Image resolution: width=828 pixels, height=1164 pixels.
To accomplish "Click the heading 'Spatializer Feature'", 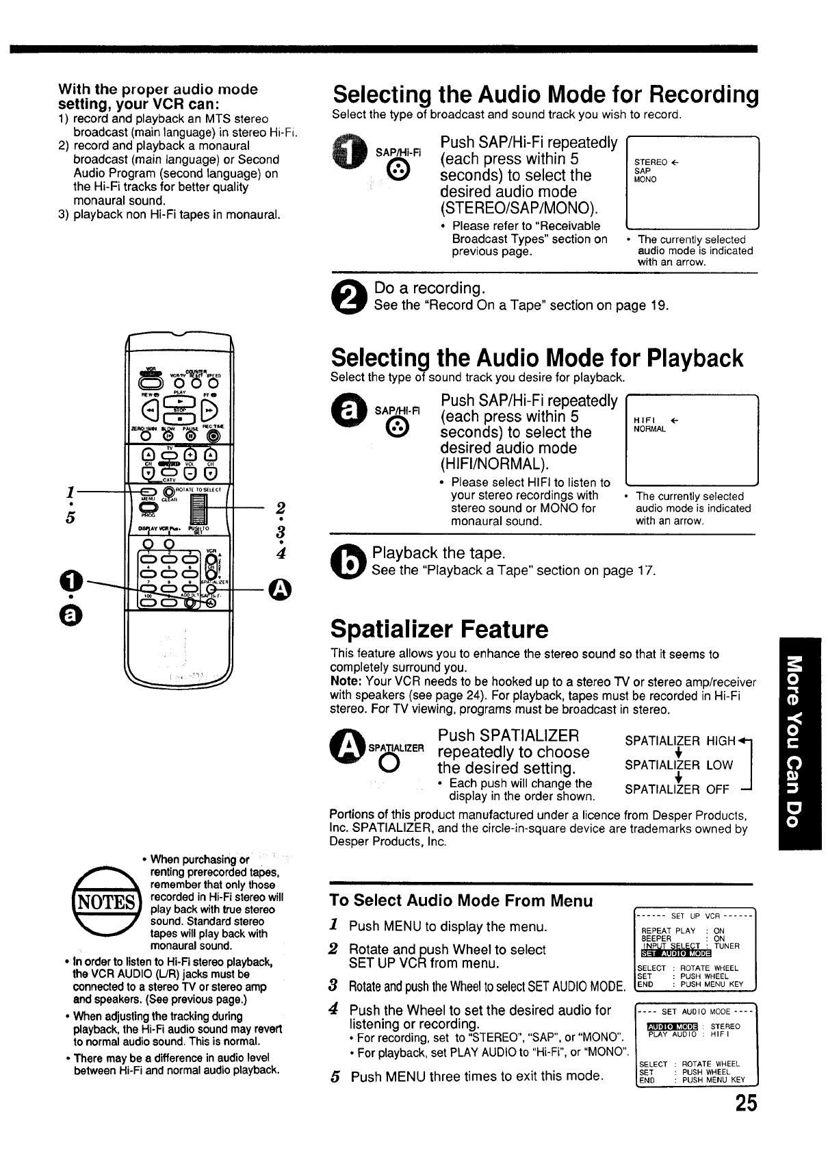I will [x=439, y=629].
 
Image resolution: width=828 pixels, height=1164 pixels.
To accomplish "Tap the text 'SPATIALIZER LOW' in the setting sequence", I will [x=678, y=765].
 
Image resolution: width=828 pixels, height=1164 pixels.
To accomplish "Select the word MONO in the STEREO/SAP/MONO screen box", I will [x=645, y=179].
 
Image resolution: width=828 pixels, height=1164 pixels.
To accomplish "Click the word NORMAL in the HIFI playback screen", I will [x=651, y=429].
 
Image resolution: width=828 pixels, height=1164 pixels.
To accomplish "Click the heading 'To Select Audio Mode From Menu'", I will [x=461, y=900].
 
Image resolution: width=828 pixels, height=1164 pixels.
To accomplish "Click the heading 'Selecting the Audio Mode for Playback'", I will [x=536, y=358].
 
